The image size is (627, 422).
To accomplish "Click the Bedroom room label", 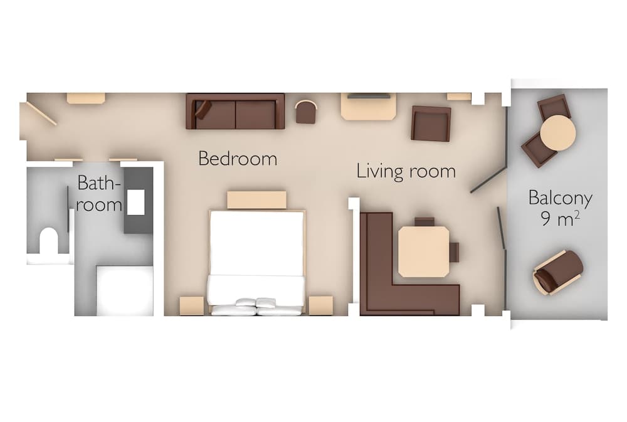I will (237, 159).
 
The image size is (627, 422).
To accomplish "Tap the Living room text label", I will (406, 171).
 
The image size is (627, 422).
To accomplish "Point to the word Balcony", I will (560, 199).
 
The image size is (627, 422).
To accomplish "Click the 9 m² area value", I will (560, 219).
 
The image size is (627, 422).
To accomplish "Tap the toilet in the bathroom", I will (49, 241).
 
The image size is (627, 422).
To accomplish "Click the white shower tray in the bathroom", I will (124, 290).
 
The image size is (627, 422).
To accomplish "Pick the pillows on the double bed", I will (256, 306).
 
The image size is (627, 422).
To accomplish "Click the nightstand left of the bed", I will (191, 305).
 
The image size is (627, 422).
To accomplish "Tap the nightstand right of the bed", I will (320, 305).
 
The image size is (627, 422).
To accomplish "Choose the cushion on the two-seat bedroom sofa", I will (203, 109).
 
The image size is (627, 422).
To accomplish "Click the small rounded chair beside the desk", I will (306, 112).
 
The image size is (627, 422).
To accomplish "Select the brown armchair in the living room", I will (431, 124).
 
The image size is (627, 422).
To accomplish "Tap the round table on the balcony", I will (558, 133).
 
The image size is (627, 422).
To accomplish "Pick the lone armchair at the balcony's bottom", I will (557, 272).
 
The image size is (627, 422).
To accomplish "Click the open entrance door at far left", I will (41, 113).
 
